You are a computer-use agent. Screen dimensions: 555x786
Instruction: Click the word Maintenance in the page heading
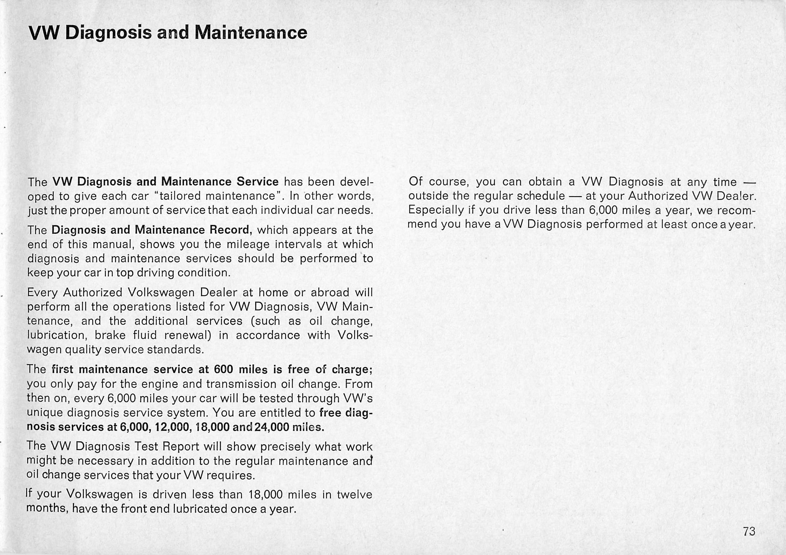click(251, 33)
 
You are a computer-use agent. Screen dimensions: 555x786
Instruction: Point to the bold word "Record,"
click(231, 230)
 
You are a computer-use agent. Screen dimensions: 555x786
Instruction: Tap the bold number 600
click(223, 369)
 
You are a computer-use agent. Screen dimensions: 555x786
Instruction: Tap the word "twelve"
click(354, 494)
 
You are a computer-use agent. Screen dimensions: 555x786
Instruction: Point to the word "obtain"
click(545, 182)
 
